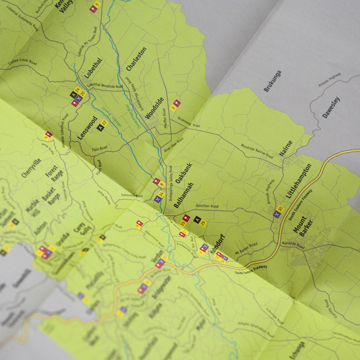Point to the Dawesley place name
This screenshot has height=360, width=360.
point(331,108)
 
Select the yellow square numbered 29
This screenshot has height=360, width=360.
point(203,223)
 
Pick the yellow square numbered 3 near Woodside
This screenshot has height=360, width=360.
point(173,108)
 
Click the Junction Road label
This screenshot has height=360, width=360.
point(205,206)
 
